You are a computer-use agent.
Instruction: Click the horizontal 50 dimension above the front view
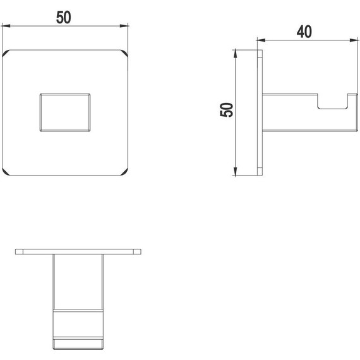tap(64, 18)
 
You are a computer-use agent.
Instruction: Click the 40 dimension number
tap(304, 32)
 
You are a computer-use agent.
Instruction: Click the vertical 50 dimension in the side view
tap(226, 110)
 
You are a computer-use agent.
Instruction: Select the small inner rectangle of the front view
tap(65, 112)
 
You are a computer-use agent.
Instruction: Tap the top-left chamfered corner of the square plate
tap(6, 53)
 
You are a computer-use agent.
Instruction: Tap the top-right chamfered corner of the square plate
tap(124, 53)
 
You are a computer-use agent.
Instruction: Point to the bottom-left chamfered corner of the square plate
tap(6, 172)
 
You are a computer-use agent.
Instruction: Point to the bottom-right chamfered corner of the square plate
tap(124, 172)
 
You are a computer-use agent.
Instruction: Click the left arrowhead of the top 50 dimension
tap(6, 26)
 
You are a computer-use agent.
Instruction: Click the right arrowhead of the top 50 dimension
tap(124, 26)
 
